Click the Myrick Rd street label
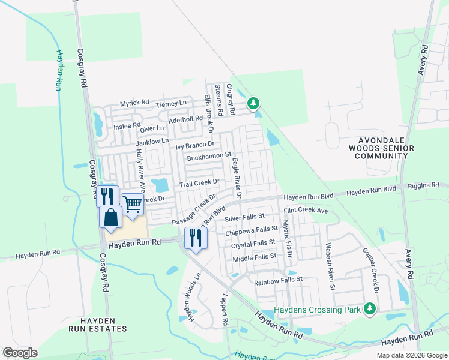point(134,103)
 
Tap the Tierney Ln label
point(171,104)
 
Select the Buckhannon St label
point(209,157)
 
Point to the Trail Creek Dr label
point(200,182)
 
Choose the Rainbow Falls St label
point(278,280)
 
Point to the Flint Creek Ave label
point(306,211)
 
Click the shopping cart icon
point(133,204)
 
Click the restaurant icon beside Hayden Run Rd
point(196,238)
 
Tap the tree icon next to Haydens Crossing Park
point(370,309)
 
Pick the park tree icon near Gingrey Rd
point(254,104)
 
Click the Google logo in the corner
point(20,353)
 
